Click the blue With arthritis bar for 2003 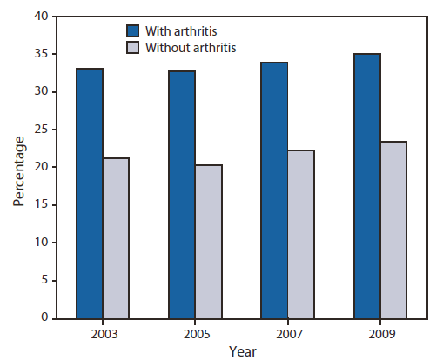point(89,193)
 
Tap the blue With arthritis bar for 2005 point(182,195)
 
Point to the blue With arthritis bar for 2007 point(274,190)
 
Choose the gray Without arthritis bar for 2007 point(301,234)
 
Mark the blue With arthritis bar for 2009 point(366,186)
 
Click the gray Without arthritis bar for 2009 point(393,230)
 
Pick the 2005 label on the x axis point(196,331)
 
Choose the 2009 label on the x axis point(380,331)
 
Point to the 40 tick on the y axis point(41,17)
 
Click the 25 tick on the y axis point(41,130)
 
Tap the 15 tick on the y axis point(41,205)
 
